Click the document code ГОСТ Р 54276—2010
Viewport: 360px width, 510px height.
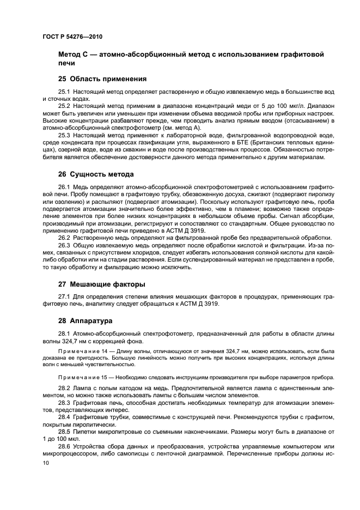(x=72, y=37)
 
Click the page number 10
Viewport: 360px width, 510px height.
(x=45, y=463)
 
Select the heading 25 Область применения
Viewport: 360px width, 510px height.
(x=95, y=78)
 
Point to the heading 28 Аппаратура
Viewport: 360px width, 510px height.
(x=85, y=321)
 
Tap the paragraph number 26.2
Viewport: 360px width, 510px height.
(x=64, y=238)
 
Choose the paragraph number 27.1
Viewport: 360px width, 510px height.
(x=64, y=296)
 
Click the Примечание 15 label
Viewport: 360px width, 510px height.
(x=80, y=377)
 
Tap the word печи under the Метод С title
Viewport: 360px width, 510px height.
(x=67, y=64)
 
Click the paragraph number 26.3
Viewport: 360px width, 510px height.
(x=64, y=245)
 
